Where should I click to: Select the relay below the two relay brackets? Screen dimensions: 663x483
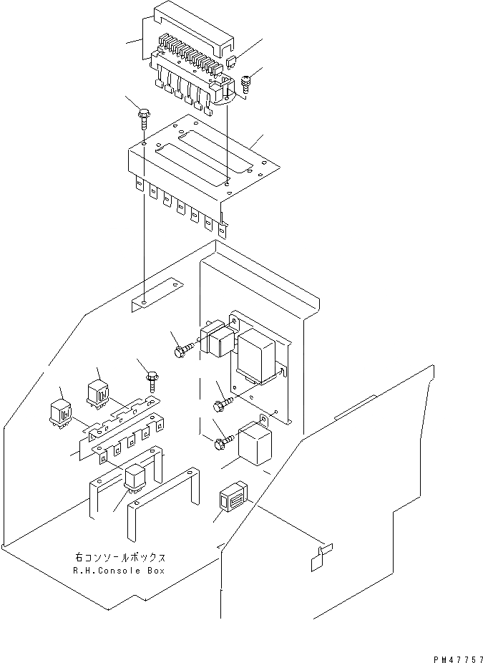[135, 478]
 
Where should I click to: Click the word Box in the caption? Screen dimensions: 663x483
[156, 571]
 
